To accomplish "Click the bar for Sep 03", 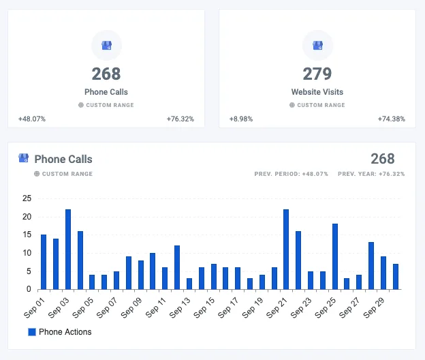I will point(68,250).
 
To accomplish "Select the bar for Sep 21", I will point(286,250).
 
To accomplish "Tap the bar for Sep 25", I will point(334,256).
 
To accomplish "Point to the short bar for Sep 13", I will point(189,284).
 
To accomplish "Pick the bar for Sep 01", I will point(44,262).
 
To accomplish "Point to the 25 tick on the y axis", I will point(27,198).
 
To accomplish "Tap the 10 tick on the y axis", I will point(27,253).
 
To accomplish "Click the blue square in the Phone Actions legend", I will point(31,332).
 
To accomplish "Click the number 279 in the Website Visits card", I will point(317,74).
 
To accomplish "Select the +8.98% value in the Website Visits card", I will point(241,119).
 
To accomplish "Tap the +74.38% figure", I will point(392,119).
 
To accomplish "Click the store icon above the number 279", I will point(317,45).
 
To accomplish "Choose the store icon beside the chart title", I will point(24,158).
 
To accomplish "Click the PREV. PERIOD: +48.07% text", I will point(291,174).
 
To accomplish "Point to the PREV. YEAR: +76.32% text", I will point(371,174).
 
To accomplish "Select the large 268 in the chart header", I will point(382,159).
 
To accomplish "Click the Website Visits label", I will point(317,92).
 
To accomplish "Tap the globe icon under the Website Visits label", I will point(292,105).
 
